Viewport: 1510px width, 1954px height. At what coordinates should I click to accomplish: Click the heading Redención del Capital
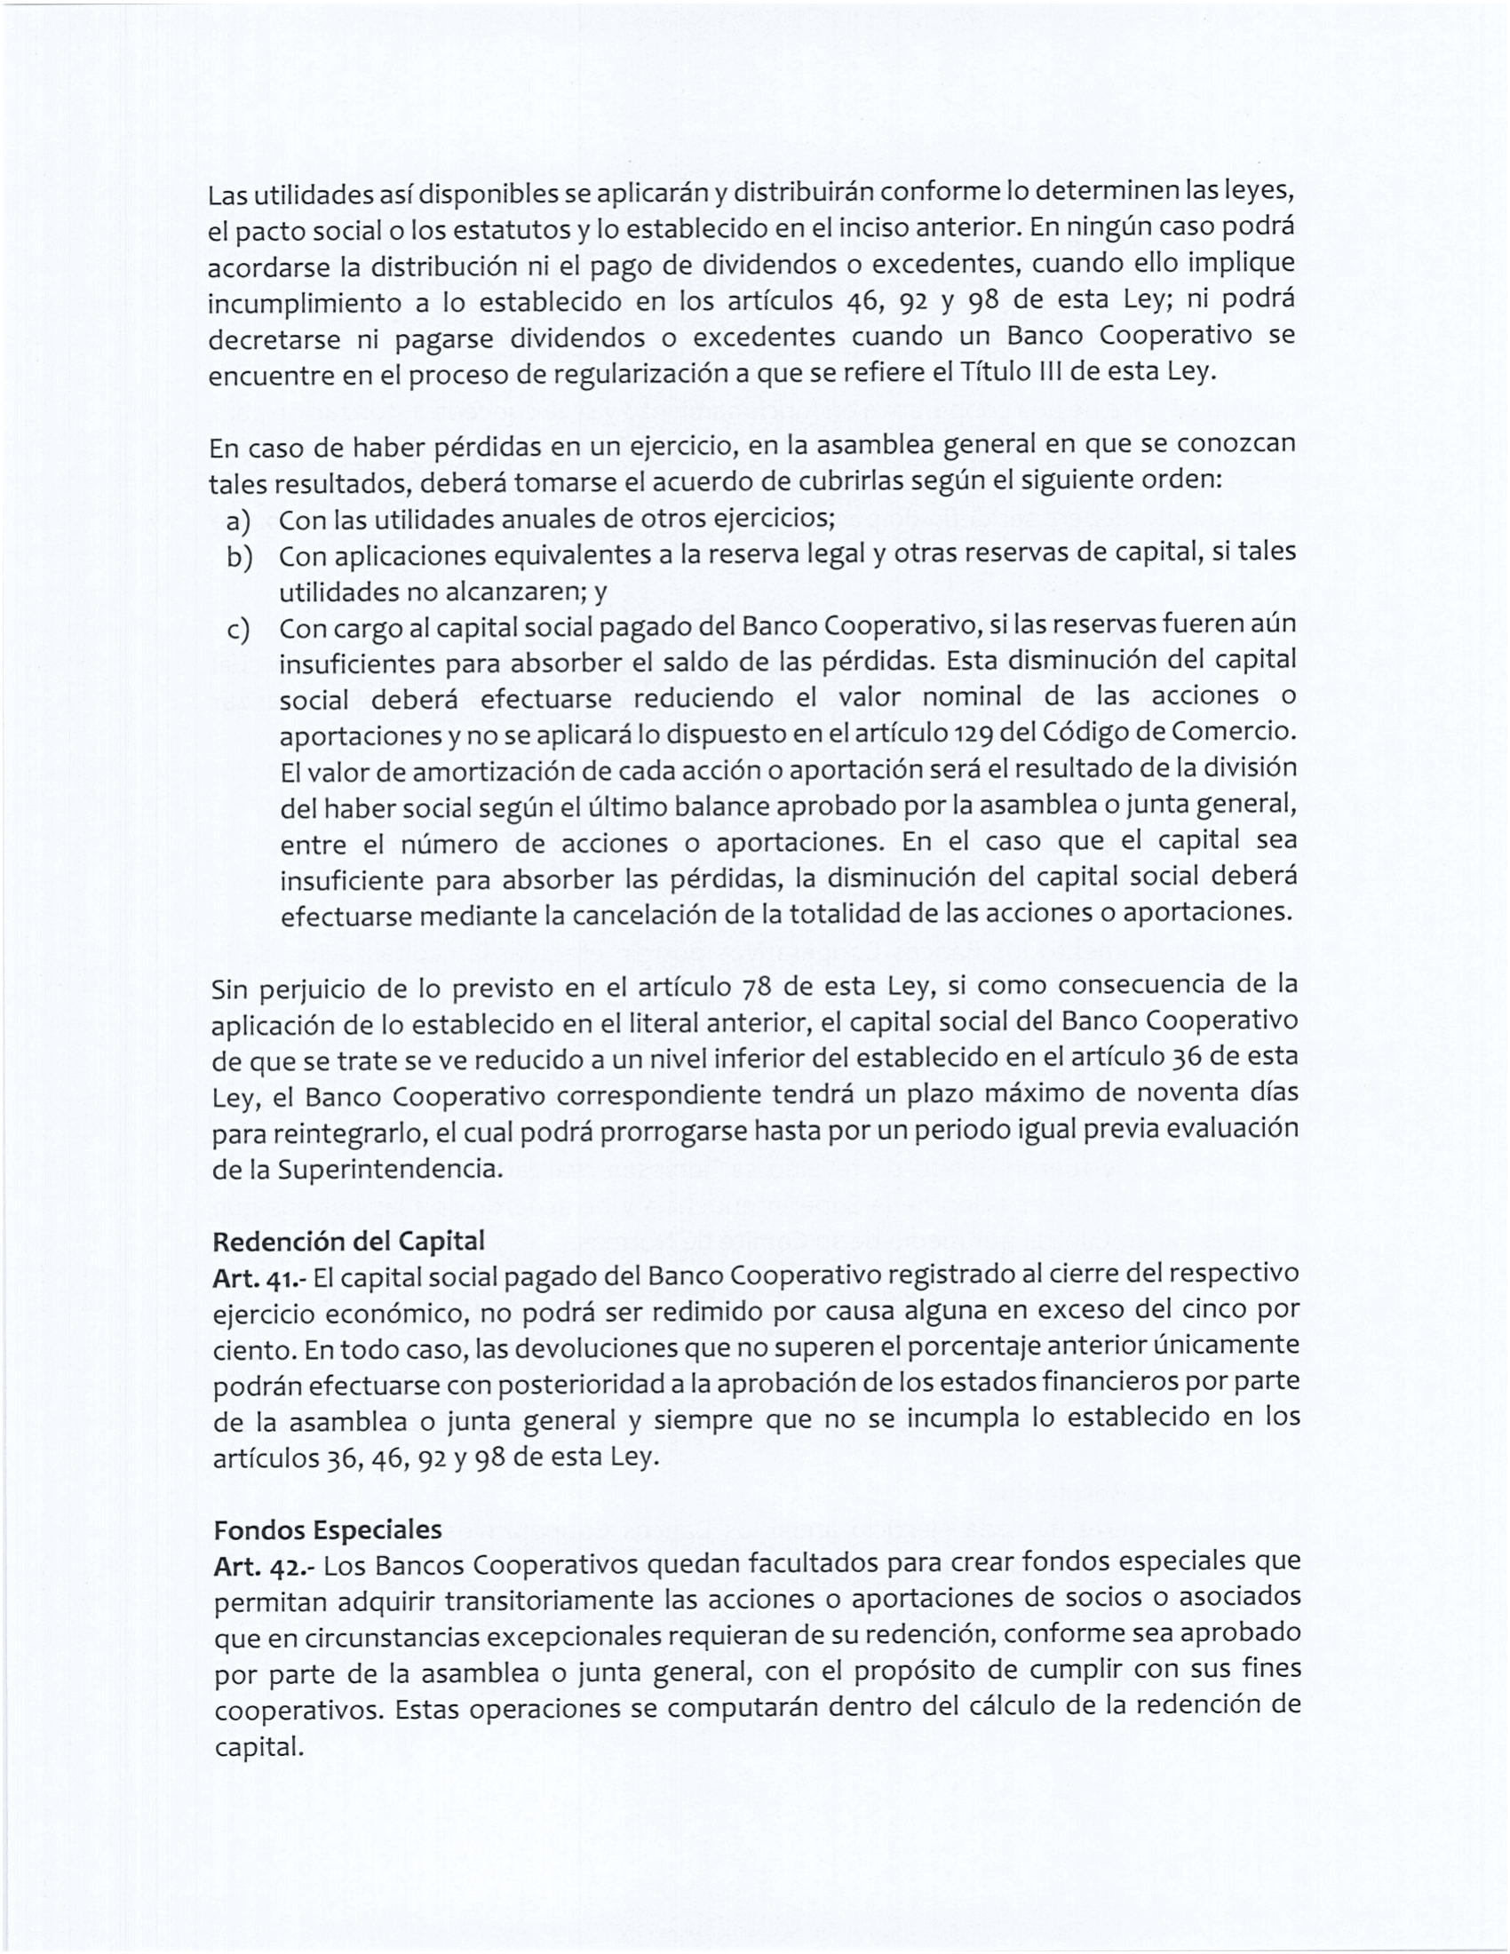pos(348,1241)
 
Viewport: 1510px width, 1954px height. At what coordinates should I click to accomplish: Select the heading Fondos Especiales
pos(328,1529)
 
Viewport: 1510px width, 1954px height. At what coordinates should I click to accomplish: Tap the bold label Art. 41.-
pos(259,1278)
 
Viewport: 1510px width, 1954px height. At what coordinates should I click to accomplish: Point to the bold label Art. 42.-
pos(264,1567)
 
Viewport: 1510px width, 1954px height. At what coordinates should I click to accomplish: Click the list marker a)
pos(238,520)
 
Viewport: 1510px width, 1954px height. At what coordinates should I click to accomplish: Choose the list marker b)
pos(239,558)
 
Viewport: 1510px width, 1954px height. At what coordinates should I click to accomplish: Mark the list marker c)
pos(238,630)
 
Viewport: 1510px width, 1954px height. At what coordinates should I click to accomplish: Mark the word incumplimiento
pos(304,302)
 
